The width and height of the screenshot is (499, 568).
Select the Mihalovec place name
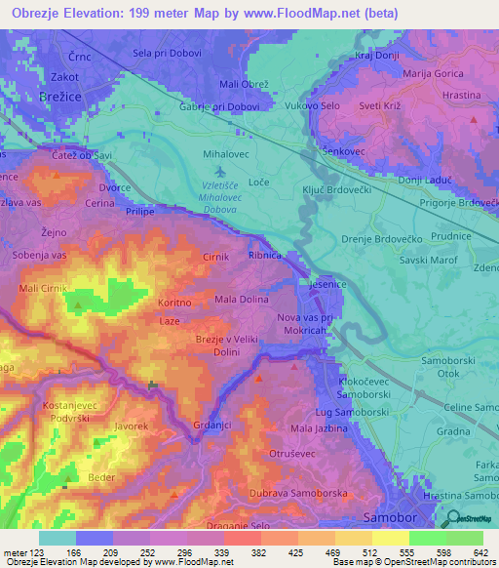[227, 155]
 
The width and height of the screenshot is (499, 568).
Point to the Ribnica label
[265, 255]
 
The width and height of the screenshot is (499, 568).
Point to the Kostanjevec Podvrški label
[67, 411]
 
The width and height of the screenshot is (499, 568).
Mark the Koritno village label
[174, 304]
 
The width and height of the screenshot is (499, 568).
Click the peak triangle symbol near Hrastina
[474, 120]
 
